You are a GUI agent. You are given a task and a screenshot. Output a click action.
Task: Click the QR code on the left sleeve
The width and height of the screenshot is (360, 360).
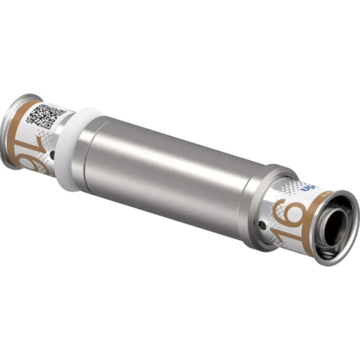click(x=45, y=116)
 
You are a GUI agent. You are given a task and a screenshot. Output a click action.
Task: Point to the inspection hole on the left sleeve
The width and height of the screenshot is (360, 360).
click(x=53, y=155)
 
